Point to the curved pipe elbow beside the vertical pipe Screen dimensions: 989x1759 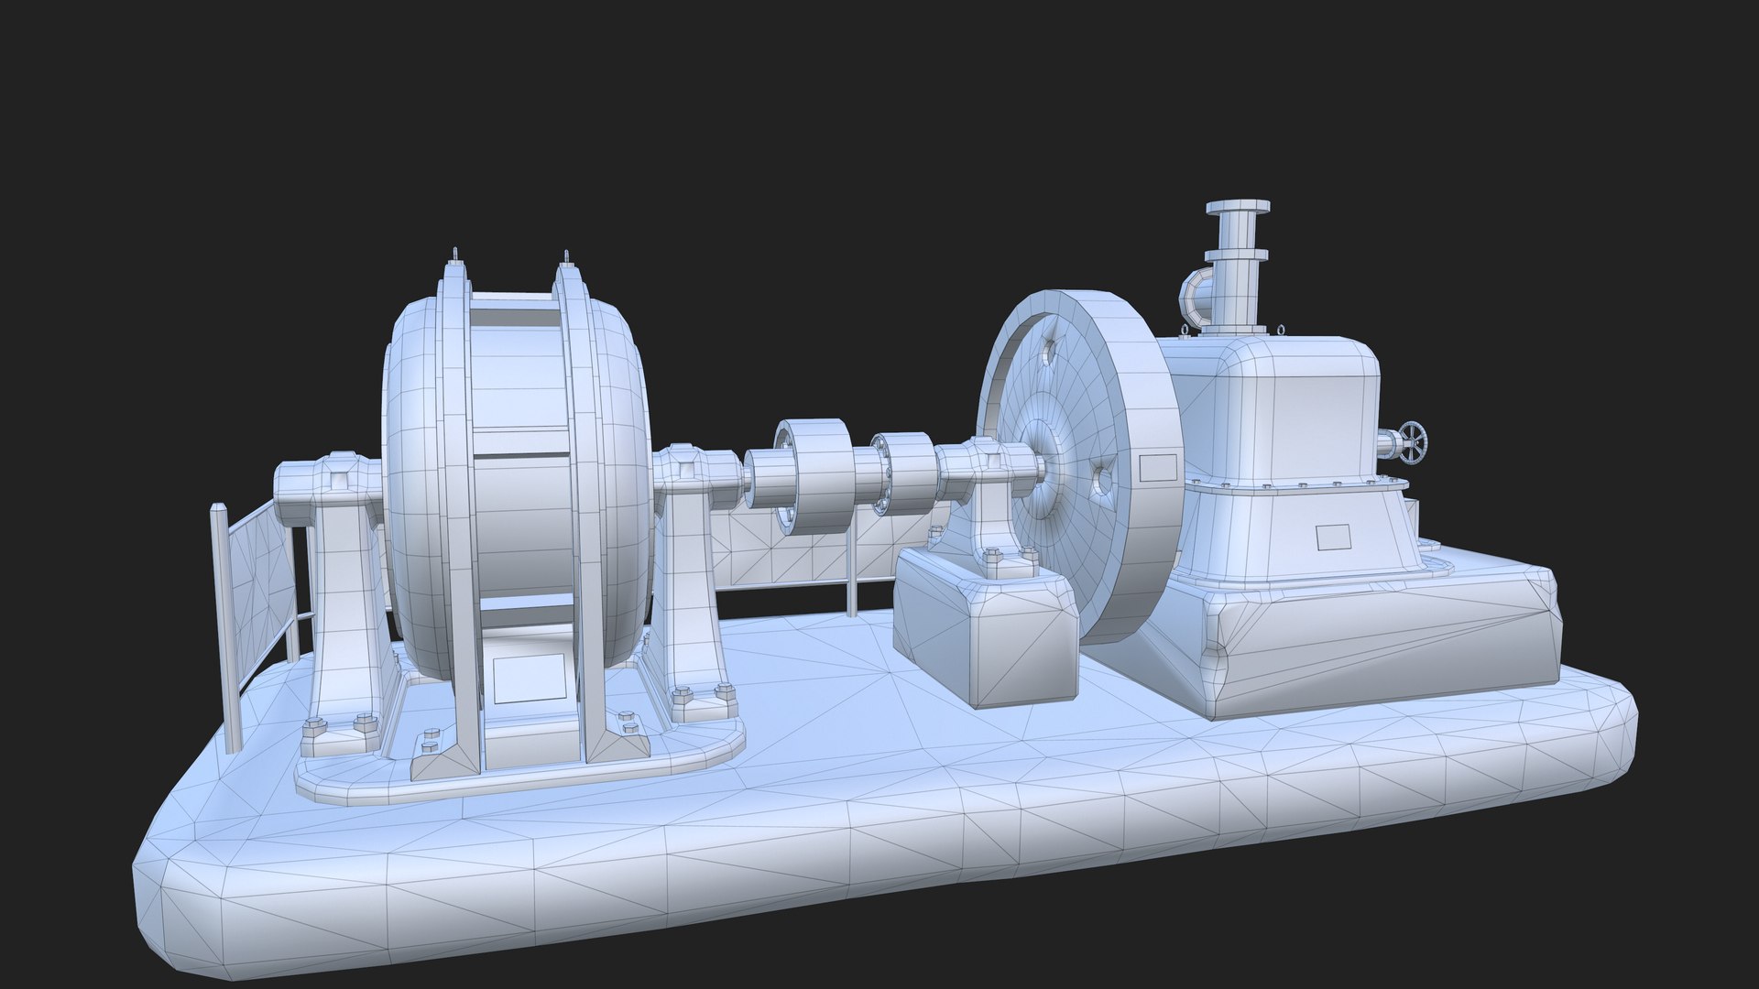1195,295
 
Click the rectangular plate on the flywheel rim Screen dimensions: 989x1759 1159,467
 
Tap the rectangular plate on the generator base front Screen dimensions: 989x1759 528,678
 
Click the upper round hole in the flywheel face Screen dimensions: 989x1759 1050,349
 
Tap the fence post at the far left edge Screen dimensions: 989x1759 224,623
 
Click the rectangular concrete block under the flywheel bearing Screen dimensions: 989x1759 985,632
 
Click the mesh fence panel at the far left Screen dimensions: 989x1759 259,586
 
